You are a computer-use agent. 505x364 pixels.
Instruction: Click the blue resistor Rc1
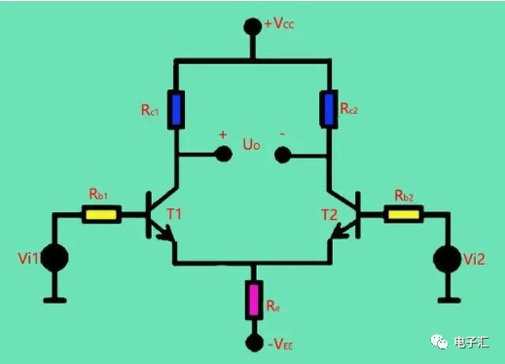point(176,110)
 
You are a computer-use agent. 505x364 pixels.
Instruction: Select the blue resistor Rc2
point(329,109)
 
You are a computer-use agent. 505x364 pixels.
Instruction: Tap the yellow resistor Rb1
point(101,214)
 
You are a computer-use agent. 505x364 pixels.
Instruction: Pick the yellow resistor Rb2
point(404,214)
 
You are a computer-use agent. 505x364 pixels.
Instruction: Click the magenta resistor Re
point(254,300)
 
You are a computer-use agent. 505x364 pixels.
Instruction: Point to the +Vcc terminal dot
point(253,26)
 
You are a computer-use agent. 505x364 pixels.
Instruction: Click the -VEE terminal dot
point(254,343)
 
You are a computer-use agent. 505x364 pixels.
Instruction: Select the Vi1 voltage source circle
point(54,258)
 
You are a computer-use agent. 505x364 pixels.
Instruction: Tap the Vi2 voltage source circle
point(448,259)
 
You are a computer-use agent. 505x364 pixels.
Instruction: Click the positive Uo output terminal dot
point(224,154)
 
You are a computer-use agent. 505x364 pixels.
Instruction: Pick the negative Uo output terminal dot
point(282,155)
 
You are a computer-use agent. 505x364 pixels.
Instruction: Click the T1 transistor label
point(174,214)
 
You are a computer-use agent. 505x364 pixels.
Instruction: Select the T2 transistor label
point(329,215)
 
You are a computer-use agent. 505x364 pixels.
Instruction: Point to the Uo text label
point(251,145)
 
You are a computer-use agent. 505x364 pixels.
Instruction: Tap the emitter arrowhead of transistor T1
point(166,235)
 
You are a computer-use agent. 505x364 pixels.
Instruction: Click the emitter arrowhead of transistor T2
point(340,232)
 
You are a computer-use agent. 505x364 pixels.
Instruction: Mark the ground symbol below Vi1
point(54,301)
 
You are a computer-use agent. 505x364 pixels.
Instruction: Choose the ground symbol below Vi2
point(449,301)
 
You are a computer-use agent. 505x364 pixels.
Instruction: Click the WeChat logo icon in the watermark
point(439,342)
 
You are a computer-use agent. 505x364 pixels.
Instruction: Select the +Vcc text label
point(279,23)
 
